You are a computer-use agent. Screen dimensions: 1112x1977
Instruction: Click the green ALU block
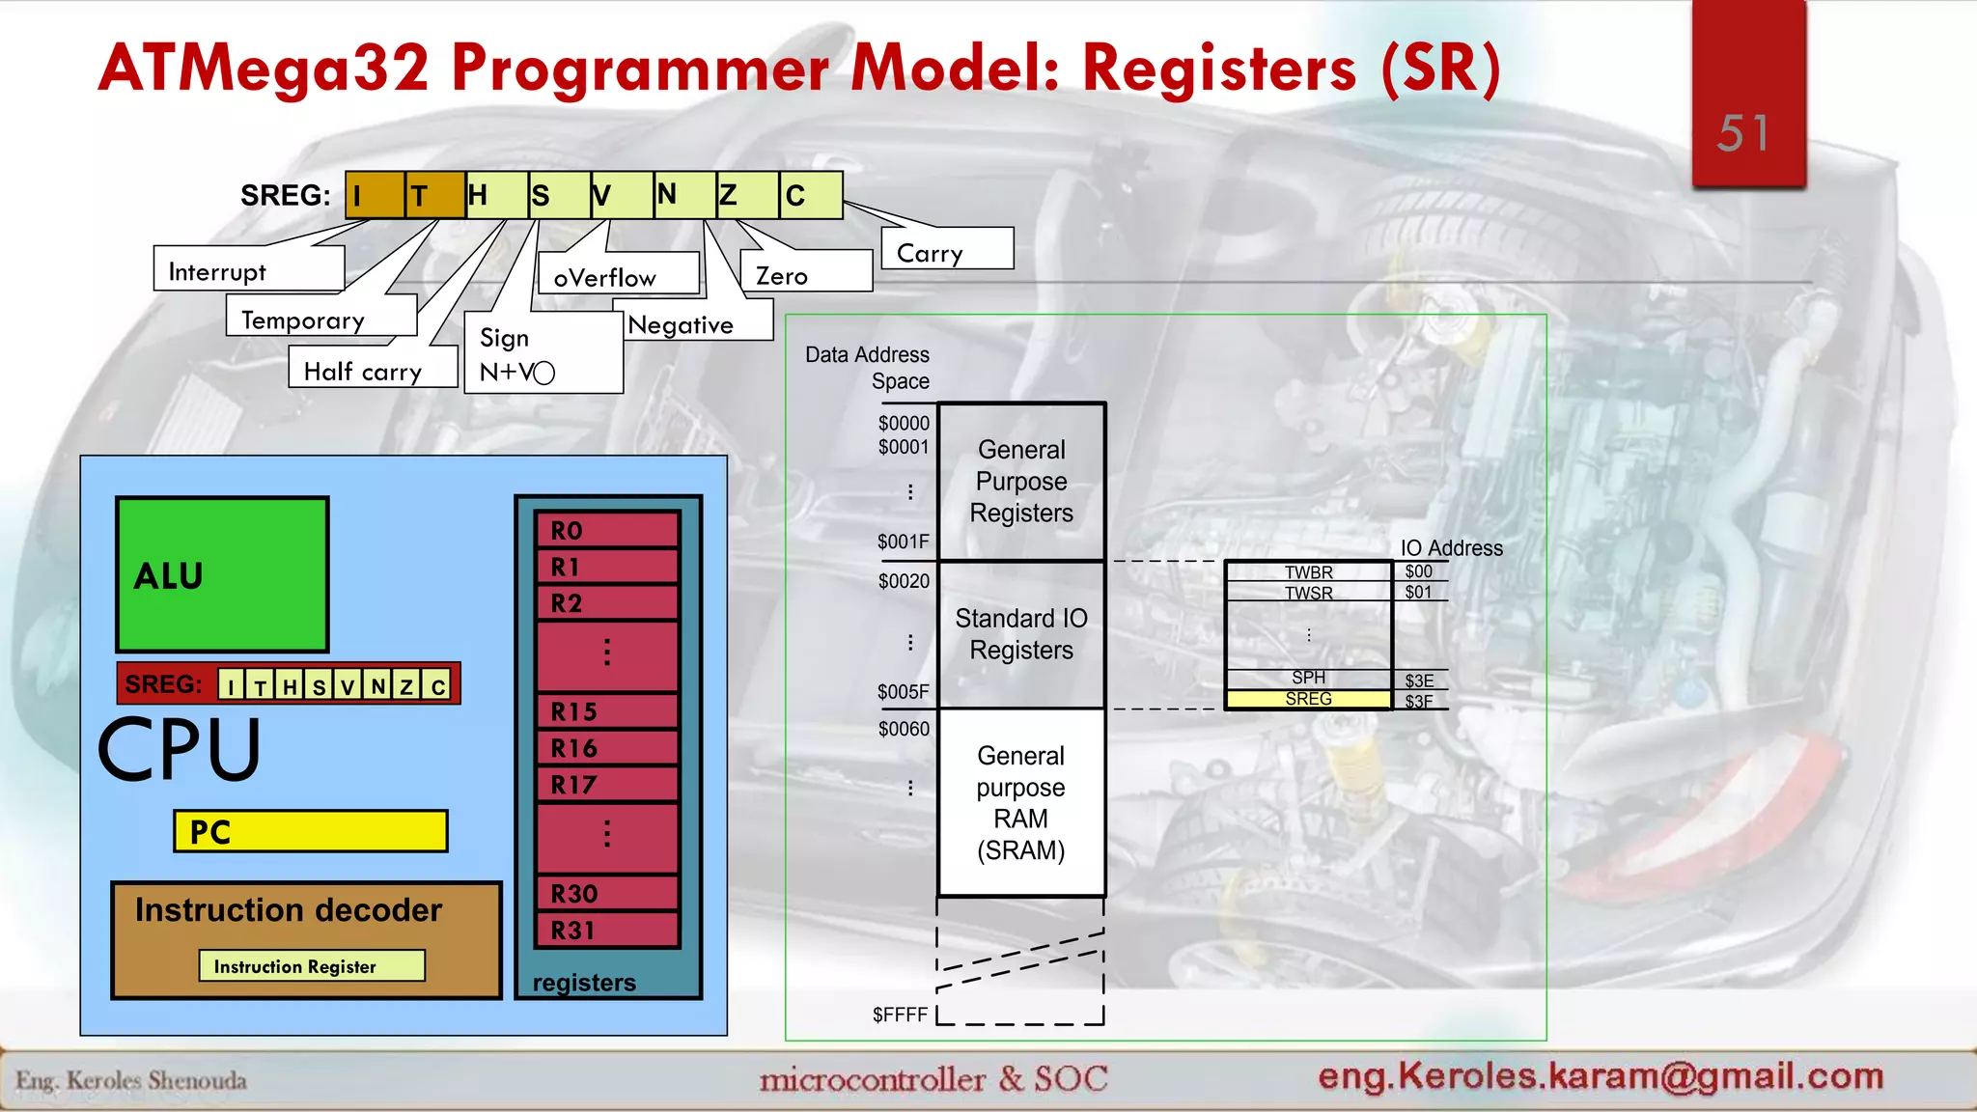(222, 574)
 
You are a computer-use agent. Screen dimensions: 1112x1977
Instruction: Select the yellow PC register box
(311, 831)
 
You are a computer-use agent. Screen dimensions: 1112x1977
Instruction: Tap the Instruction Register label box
(312, 966)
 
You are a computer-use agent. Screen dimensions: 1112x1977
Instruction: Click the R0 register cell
(608, 530)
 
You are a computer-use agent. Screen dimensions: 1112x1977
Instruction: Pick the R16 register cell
(608, 748)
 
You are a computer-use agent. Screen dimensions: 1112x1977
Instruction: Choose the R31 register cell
(608, 931)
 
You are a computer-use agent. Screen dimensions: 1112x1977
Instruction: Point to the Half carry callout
(372, 371)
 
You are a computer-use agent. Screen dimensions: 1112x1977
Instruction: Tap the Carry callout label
(947, 250)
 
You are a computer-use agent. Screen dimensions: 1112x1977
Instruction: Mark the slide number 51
(1743, 133)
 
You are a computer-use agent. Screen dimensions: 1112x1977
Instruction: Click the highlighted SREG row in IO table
(1308, 699)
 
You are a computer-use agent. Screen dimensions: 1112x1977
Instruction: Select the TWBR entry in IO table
(1308, 571)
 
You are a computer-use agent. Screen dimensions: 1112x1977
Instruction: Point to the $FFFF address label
(900, 1015)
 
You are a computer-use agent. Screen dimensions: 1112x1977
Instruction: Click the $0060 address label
(904, 729)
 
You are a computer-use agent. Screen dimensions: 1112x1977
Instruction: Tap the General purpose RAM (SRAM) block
(1021, 802)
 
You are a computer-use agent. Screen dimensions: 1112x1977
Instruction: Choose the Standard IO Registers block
(1021, 634)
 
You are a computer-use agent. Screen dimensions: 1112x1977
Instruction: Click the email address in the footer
(1601, 1075)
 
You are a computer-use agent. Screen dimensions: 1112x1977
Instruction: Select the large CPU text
(180, 750)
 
